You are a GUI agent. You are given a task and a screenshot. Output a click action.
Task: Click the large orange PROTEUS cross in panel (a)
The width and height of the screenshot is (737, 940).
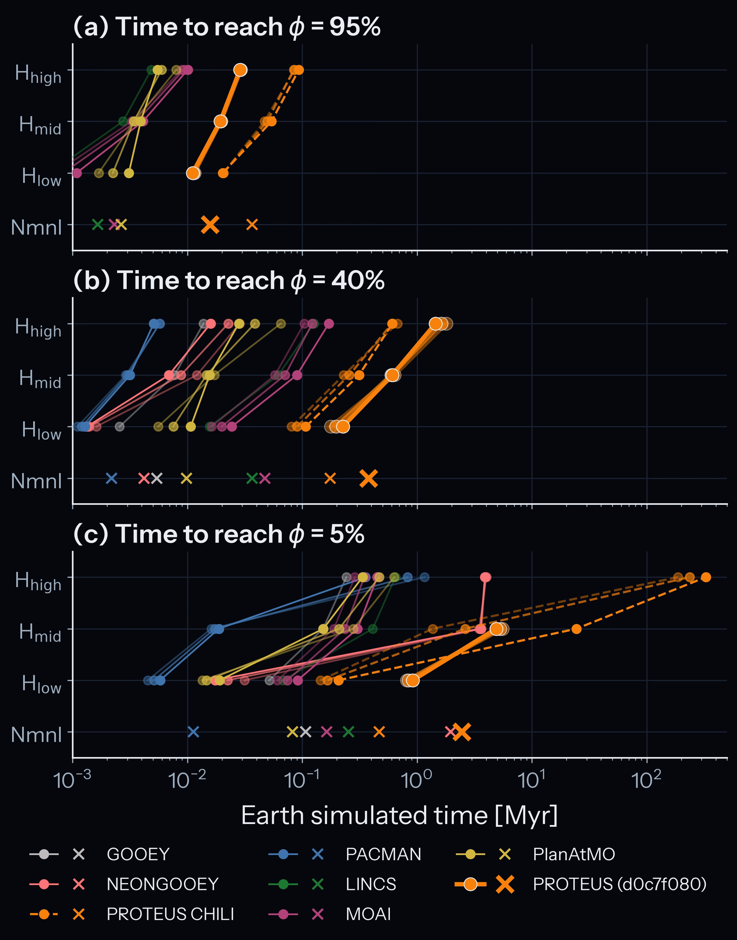pyautogui.click(x=210, y=225)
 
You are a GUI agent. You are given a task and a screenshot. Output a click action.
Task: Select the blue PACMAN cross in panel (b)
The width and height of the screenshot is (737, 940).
pyautogui.click(x=111, y=478)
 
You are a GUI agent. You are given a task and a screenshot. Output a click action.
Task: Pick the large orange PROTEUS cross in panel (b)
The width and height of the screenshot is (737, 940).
pyautogui.click(x=368, y=478)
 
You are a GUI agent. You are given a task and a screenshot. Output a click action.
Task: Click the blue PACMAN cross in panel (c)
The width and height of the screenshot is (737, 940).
pyautogui.click(x=193, y=732)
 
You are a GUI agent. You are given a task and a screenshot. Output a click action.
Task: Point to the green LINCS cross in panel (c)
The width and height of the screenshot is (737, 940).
pyautogui.click(x=348, y=732)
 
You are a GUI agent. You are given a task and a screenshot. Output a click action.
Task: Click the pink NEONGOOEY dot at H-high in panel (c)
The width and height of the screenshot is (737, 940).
pyautogui.click(x=486, y=577)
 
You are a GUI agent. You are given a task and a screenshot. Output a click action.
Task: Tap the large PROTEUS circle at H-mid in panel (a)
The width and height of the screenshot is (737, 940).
pyautogui.click(x=220, y=122)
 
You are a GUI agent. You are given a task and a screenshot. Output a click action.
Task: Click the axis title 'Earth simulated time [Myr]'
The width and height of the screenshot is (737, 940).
pyautogui.click(x=400, y=815)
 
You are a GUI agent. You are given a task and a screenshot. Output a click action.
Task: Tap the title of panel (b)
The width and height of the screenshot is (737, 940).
pyautogui.click(x=229, y=280)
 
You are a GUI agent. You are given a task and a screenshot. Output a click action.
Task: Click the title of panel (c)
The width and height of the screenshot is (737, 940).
pyautogui.click(x=219, y=534)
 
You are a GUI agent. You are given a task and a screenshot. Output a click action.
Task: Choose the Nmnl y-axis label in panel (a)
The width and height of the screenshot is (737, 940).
pyautogui.click(x=37, y=227)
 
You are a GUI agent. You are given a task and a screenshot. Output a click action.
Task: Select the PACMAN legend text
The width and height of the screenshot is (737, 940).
pyautogui.click(x=383, y=854)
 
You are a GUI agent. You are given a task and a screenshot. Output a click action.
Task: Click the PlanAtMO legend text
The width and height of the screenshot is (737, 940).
pyautogui.click(x=574, y=854)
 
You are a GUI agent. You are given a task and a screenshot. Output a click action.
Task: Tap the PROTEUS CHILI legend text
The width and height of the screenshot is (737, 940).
pyautogui.click(x=171, y=914)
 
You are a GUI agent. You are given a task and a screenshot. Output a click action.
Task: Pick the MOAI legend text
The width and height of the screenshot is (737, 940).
pyautogui.click(x=368, y=914)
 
